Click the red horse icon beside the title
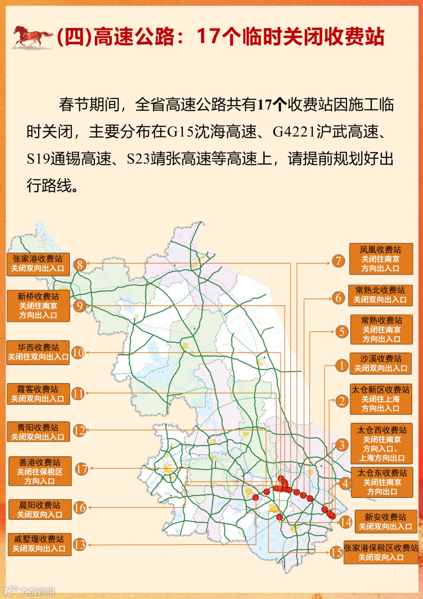(32, 37)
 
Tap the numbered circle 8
(80, 265)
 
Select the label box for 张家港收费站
(38, 264)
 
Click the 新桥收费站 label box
(38, 306)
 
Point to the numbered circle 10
(78, 353)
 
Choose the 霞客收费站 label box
(38, 394)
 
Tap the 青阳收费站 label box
(38, 432)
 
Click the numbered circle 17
(81, 469)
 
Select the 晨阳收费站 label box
(40, 510)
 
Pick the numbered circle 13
(80, 545)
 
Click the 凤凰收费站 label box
(381, 259)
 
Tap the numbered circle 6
(338, 298)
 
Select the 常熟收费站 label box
(381, 330)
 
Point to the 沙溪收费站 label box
(381, 363)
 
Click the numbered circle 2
(342, 401)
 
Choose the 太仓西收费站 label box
(381, 444)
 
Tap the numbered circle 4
(345, 483)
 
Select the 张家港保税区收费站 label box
(381, 552)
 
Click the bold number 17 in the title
(208, 36)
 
